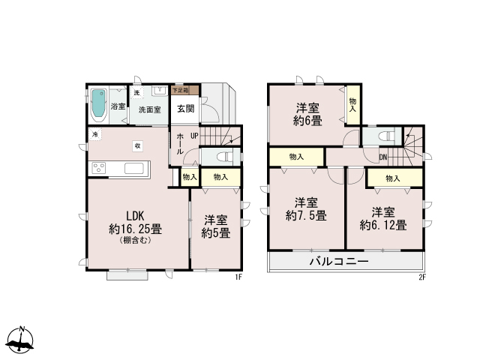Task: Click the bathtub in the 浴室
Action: coord(98,103)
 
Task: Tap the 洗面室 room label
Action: coord(150,109)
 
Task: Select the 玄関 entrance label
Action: coord(185,108)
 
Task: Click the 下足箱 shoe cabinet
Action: coord(184,90)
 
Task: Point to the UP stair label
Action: coord(194,136)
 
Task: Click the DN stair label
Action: coord(383,157)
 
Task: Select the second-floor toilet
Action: coord(387,136)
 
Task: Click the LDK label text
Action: coord(135,216)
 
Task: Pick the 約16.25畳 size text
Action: coord(135,229)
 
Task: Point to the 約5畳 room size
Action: coord(216,233)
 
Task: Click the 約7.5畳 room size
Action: coord(306,215)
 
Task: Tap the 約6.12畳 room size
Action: coord(383,225)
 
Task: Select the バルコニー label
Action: coord(339,262)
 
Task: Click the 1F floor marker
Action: coord(238,277)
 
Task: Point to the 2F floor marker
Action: coord(422,277)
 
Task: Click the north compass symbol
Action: coord(20,340)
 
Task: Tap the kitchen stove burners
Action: coord(99,168)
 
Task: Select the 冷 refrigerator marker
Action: coord(95,134)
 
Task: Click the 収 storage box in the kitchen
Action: coord(138,146)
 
